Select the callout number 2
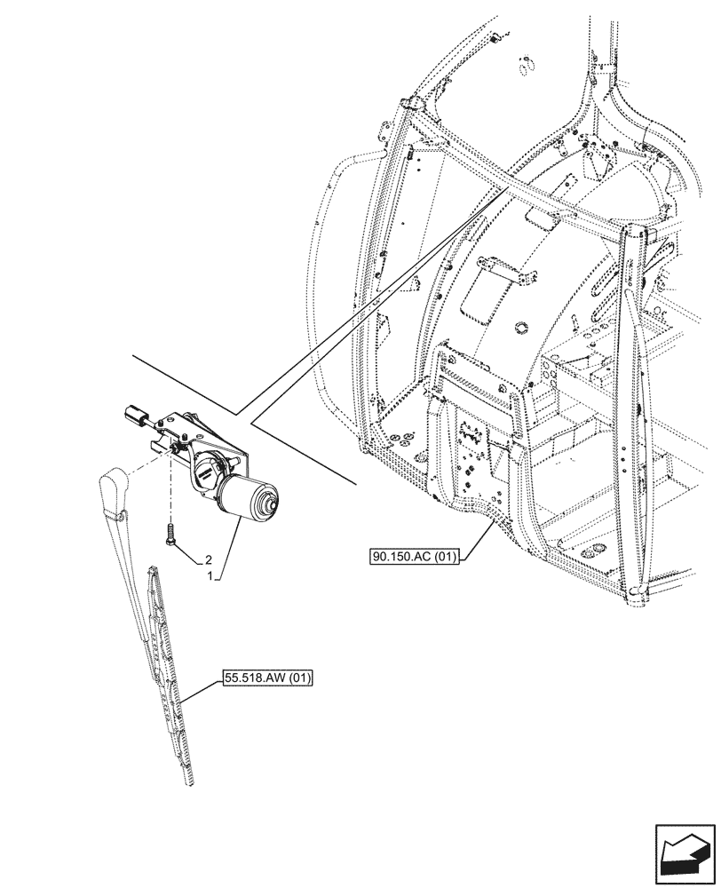click(208, 560)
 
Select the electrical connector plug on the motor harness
click(136, 416)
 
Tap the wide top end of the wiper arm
click(113, 485)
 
